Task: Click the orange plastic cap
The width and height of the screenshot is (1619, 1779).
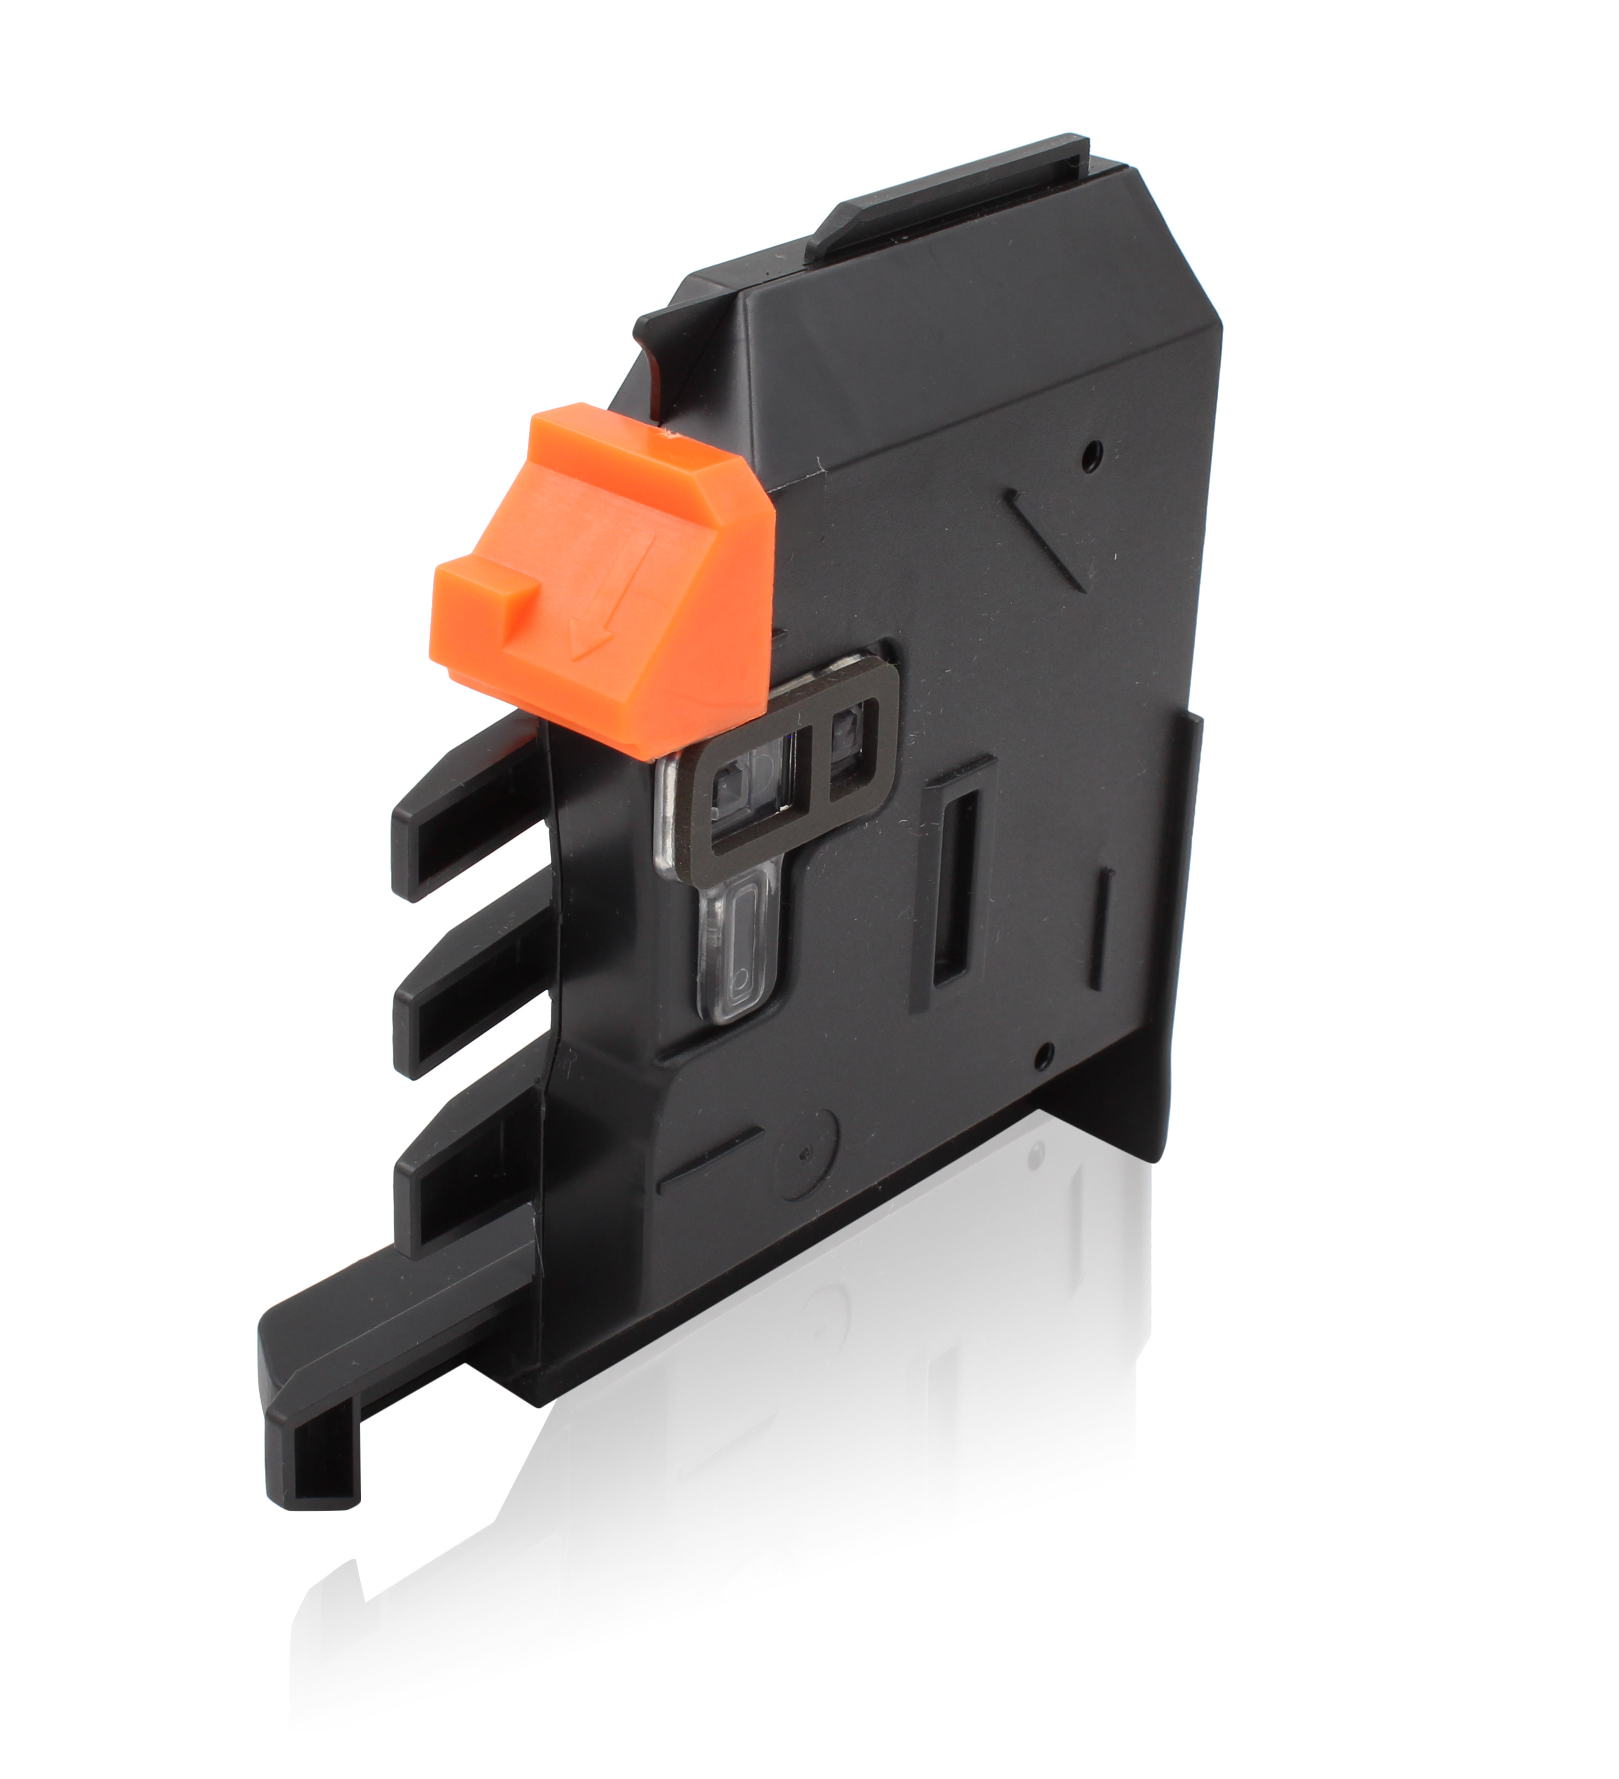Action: [618, 565]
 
